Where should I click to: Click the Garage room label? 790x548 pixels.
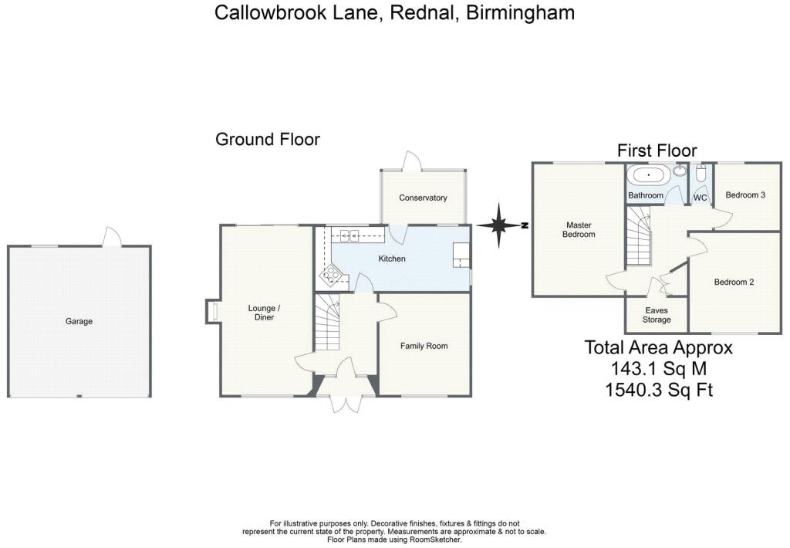(79, 321)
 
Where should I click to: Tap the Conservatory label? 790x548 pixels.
(423, 198)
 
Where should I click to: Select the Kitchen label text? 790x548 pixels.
(392, 259)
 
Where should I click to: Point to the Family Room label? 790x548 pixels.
(424, 346)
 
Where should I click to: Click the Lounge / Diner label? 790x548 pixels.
(265, 313)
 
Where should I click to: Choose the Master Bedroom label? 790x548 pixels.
(579, 229)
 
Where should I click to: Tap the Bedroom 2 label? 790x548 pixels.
(734, 282)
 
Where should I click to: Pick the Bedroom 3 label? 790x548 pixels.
(745, 195)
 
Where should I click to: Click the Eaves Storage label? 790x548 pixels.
(656, 315)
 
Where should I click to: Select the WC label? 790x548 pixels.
(701, 198)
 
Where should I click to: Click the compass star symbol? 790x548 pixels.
(500, 225)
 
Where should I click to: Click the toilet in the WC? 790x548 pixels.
(701, 173)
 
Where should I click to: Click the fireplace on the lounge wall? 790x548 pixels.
(212, 312)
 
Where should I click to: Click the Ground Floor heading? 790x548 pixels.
(267, 140)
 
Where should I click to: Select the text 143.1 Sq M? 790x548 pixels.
(658, 368)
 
